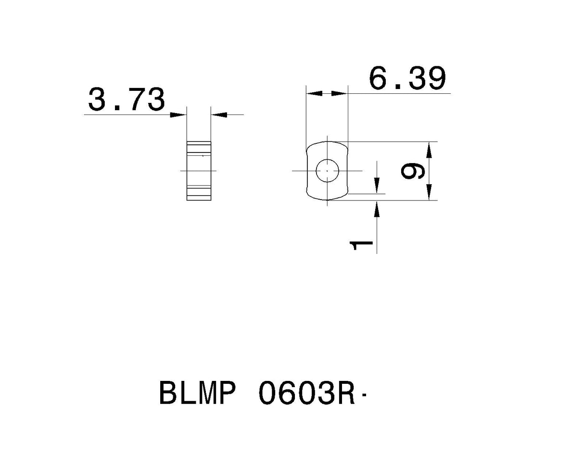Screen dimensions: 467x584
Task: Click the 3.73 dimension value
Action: pyautogui.click(x=127, y=100)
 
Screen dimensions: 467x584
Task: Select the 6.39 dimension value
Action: pyautogui.click(x=407, y=78)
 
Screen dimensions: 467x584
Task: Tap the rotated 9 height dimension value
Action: pyautogui.click(x=413, y=171)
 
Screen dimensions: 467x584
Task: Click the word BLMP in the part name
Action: pyautogui.click(x=197, y=393)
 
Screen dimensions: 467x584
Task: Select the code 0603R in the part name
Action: pyautogui.click(x=307, y=393)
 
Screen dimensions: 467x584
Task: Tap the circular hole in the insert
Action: pyautogui.click(x=327, y=170)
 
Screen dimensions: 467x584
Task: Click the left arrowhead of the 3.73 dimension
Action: pyautogui.click(x=179, y=114)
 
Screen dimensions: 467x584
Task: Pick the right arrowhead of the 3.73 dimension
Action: pyautogui.click(x=218, y=114)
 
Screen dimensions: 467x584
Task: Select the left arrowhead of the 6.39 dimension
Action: pyautogui.click(x=314, y=93)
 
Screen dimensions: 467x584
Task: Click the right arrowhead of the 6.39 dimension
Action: pyautogui.click(x=340, y=93)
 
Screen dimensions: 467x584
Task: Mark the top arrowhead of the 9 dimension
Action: pyautogui.click(x=430, y=149)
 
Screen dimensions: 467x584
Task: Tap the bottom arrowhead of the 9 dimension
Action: pyautogui.click(x=430, y=193)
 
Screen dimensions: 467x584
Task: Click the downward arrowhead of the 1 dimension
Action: pyautogui.click(x=377, y=187)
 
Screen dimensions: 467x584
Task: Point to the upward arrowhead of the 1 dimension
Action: pyautogui.click(x=377, y=208)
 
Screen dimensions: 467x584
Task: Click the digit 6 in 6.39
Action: pyautogui.click(x=379, y=78)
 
